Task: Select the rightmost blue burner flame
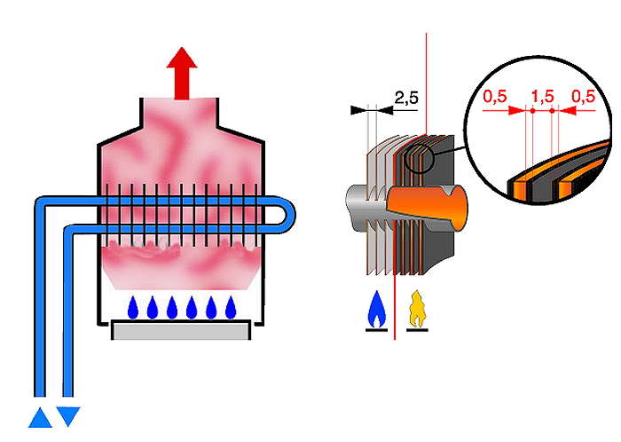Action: [232, 307]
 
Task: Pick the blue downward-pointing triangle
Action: [69, 416]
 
